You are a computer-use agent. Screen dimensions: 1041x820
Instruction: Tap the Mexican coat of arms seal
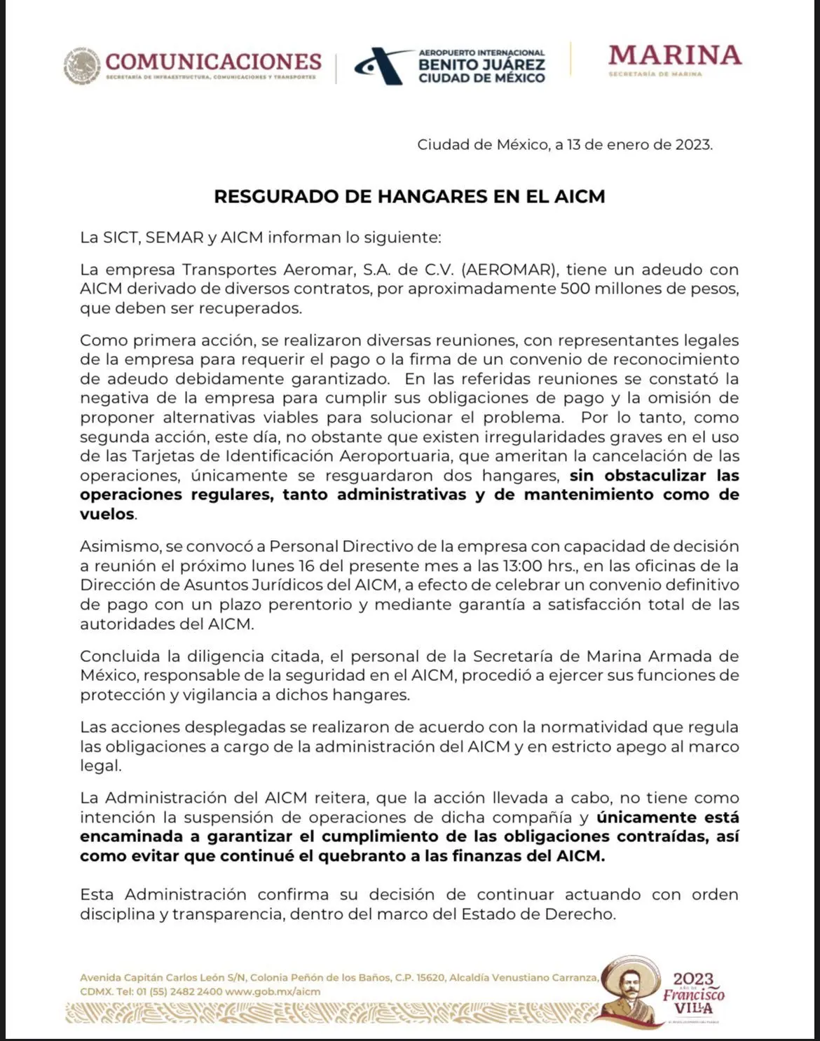click(82, 66)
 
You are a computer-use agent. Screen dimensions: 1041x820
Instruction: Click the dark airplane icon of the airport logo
click(382, 66)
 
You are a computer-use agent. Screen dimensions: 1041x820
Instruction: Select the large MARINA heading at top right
click(674, 55)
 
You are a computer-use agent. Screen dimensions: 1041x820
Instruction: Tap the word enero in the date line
click(627, 145)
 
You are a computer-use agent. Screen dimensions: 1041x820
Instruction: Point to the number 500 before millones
click(575, 289)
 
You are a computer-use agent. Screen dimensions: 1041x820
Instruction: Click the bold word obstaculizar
click(655, 476)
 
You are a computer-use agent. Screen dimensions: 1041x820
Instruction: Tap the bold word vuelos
click(107, 514)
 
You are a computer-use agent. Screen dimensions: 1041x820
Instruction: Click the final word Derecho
click(583, 914)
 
